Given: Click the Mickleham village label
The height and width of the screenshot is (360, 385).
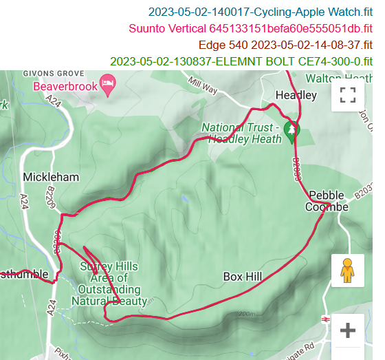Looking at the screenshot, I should click(x=51, y=177).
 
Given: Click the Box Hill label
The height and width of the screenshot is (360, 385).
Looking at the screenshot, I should click(x=243, y=277).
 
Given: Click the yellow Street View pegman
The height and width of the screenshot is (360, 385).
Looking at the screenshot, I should click(x=347, y=271).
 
